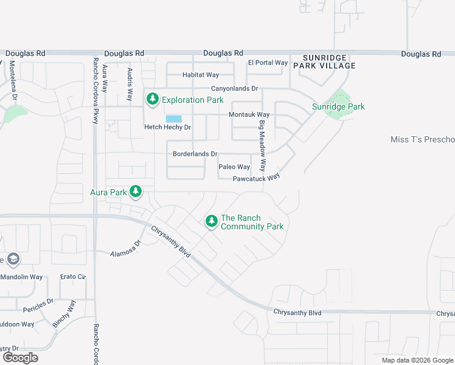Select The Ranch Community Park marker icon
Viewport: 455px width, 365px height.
(x=211, y=221)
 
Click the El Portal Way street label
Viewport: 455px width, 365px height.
(x=267, y=63)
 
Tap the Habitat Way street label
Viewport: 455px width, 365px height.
(x=201, y=75)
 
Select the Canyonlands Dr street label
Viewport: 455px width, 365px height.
(x=234, y=88)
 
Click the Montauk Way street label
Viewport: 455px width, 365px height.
(x=249, y=114)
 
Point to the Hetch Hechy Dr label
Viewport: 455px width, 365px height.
(x=167, y=127)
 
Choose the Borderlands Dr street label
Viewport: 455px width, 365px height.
(x=195, y=154)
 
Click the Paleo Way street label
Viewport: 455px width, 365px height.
(x=234, y=167)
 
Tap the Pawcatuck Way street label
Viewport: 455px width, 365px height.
(x=256, y=178)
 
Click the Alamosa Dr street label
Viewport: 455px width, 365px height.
(x=125, y=248)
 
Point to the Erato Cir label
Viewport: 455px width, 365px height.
(x=72, y=277)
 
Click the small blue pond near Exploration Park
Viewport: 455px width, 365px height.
(x=173, y=119)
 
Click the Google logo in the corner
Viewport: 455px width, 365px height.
(x=19, y=357)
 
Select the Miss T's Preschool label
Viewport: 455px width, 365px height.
(x=422, y=140)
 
